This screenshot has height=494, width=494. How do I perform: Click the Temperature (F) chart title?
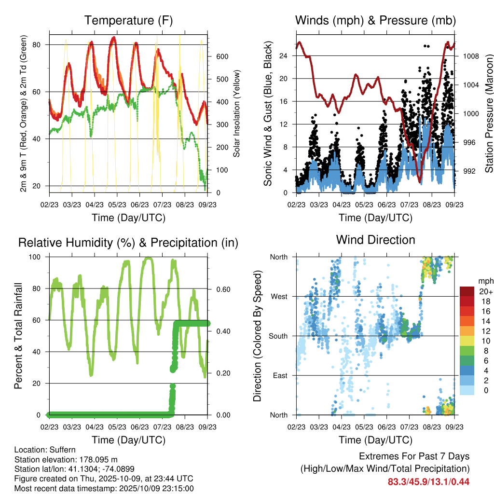128,20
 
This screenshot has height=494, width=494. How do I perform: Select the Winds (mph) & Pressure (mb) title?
375,20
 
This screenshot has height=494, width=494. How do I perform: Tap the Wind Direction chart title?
375,239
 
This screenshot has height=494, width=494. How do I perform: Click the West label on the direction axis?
278,296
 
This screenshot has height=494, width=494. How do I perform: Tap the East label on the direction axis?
279,375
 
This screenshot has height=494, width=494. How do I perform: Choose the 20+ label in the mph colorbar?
486,291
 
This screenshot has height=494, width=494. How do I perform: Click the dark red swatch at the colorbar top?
467,291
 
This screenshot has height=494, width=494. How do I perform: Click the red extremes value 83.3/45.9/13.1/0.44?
428,481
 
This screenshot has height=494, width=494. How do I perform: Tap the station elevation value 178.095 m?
96,460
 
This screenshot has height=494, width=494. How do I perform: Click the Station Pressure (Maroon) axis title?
488,113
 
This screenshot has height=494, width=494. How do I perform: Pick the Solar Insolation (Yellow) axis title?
237,113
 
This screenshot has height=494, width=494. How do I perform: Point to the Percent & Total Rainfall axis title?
18,336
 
